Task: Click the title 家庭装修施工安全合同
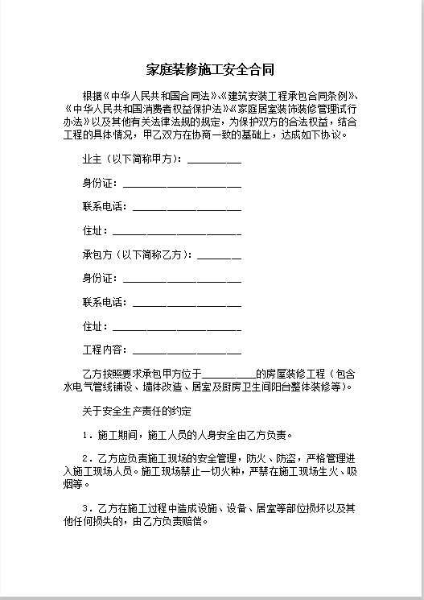coord(212,70)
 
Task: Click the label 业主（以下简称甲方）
coord(132,159)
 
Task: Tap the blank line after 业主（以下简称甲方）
coord(214,159)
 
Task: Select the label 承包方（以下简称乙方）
coord(137,255)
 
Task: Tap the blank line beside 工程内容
coord(187,352)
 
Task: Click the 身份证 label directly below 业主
coord(97,183)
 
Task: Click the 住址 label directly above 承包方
coord(92,231)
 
